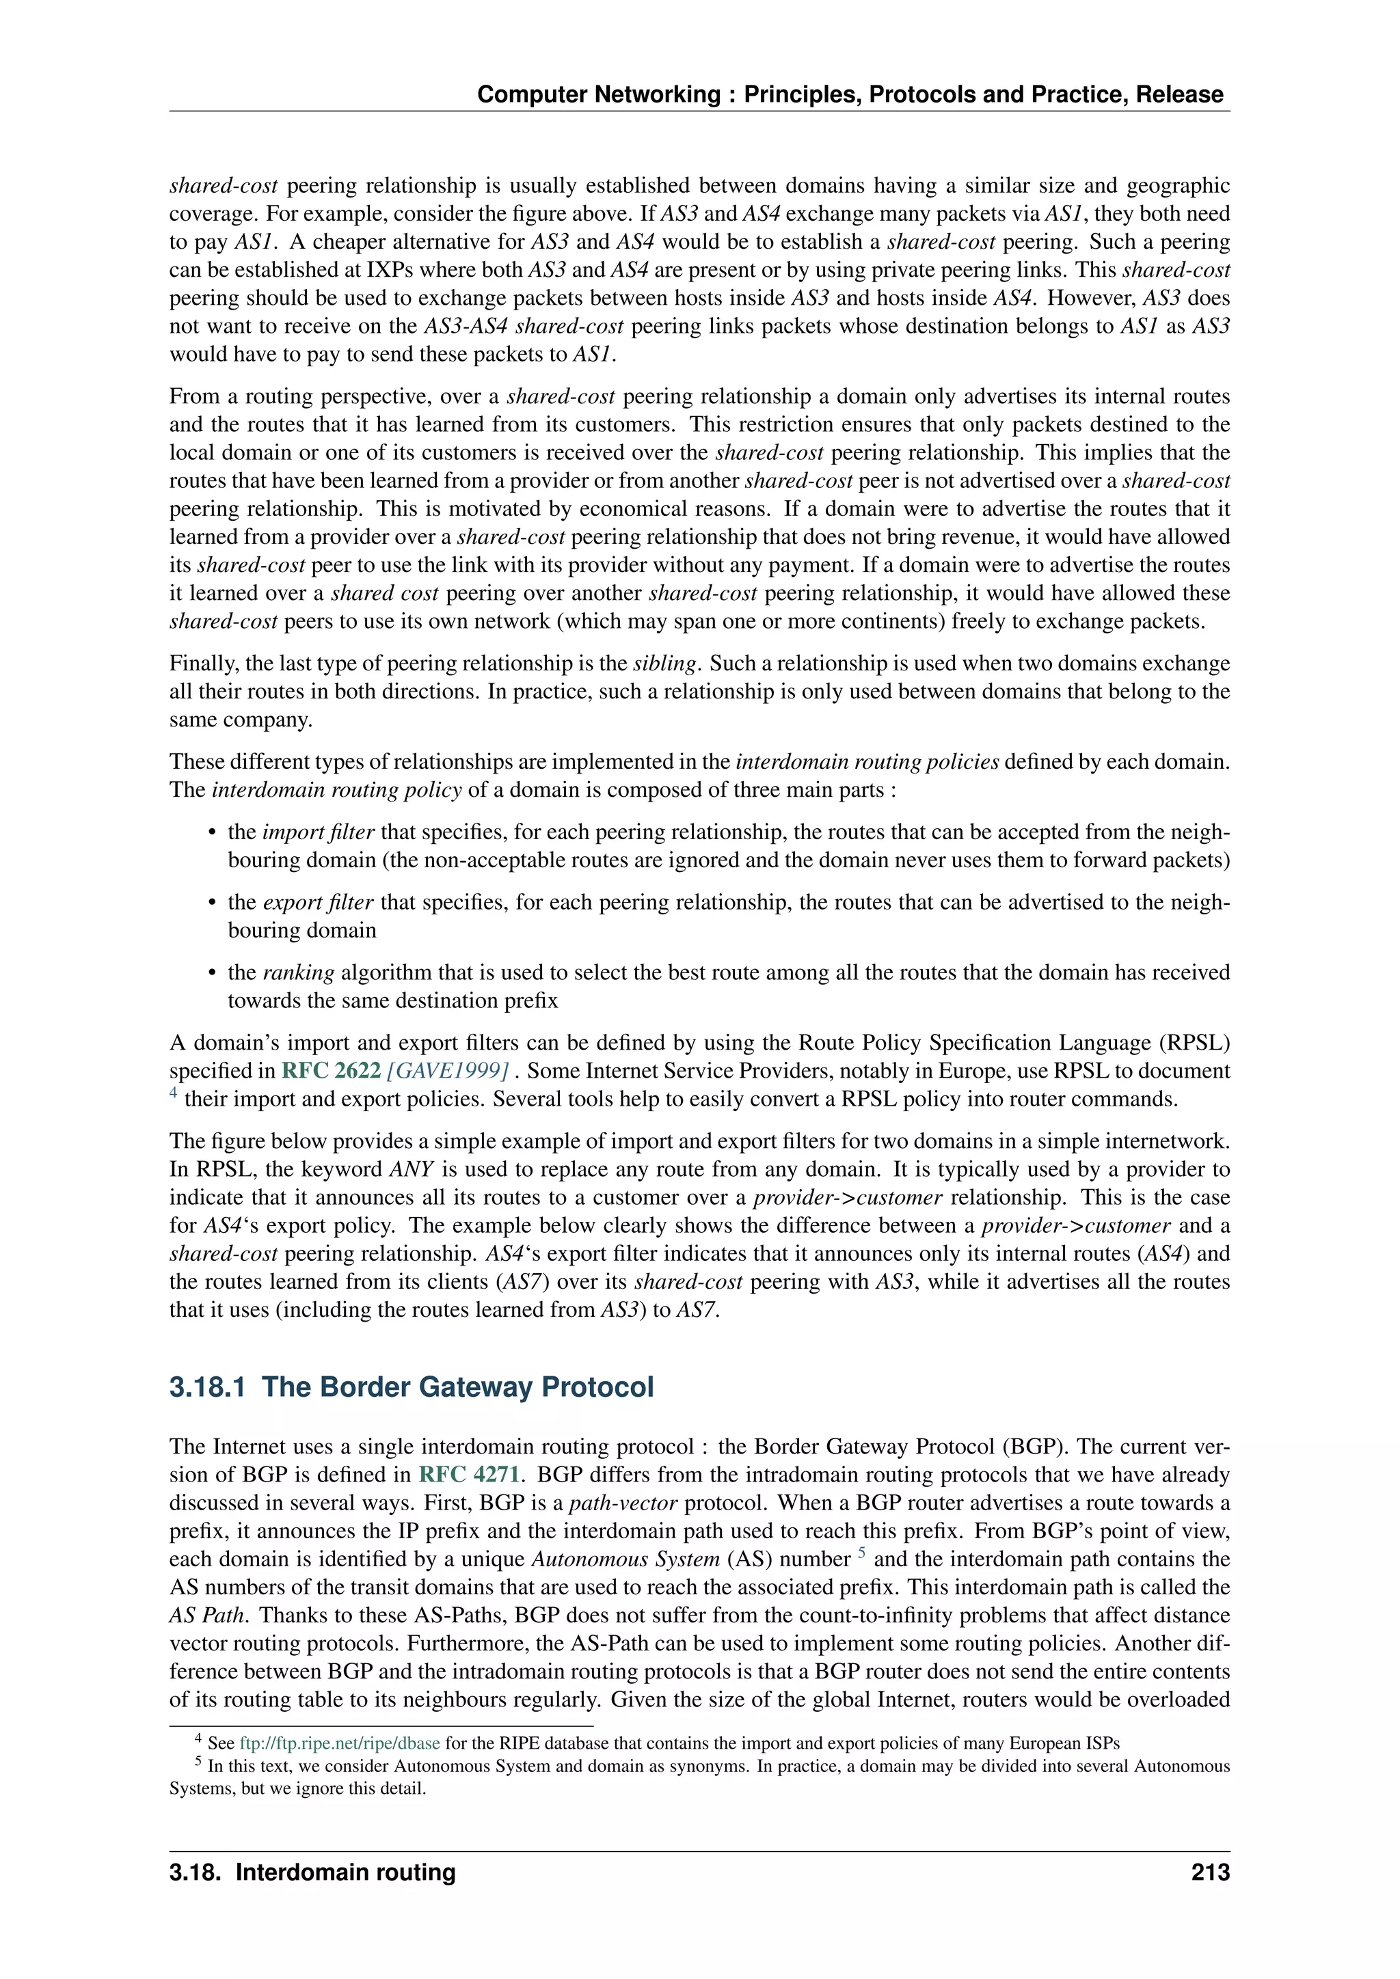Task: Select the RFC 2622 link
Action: coord(331,1071)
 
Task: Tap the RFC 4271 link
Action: coord(468,1475)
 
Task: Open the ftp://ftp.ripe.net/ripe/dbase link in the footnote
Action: coord(340,1743)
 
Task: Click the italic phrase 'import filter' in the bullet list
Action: coord(318,832)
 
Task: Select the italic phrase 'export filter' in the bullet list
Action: coord(317,903)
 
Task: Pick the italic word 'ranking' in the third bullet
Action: coord(298,972)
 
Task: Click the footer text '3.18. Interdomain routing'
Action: coord(312,1872)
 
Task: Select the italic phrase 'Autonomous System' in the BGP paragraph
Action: coord(625,1559)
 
